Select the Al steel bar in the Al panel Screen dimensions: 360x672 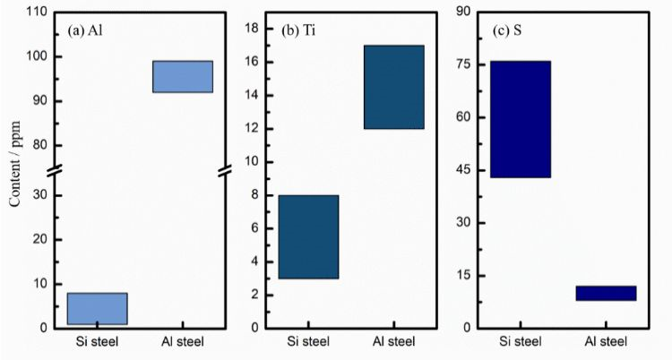pyautogui.click(x=183, y=76)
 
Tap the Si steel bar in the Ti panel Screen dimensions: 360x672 pyautogui.click(x=308, y=236)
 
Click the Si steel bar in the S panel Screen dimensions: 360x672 pyautogui.click(x=520, y=119)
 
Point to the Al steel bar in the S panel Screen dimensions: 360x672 pyautogui.click(x=606, y=293)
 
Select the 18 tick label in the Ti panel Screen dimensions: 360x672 pyautogui.click(x=253, y=29)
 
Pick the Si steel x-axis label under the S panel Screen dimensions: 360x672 pyautogui.click(x=520, y=341)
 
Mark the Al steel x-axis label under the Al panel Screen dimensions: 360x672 pyautogui.click(x=183, y=341)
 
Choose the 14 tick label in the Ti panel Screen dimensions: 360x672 pyautogui.click(x=253, y=95)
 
